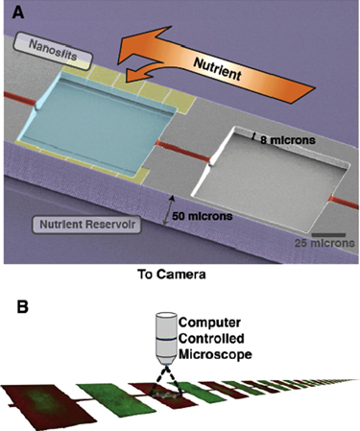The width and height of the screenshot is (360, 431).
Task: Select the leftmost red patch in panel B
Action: [x=38, y=404]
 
